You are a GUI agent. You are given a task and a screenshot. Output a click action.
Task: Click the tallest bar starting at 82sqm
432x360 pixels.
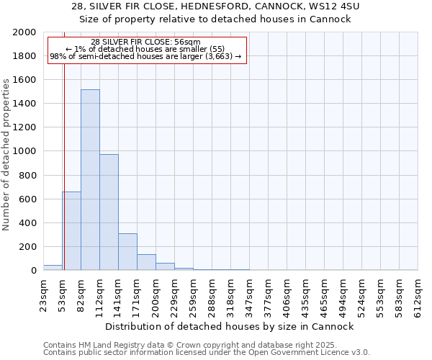[x=90, y=180]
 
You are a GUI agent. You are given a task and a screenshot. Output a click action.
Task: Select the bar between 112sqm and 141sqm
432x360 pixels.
[x=109, y=212]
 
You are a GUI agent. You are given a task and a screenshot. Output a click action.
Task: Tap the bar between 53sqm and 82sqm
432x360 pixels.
[x=71, y=230]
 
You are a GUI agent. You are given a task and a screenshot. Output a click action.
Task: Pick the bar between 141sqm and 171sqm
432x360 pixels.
[x=127, y=252]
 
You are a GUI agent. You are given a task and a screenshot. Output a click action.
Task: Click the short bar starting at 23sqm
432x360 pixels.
[x=53, y=268]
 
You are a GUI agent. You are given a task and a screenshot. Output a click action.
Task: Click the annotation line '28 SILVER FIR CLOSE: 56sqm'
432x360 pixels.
[x=146, y=42]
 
